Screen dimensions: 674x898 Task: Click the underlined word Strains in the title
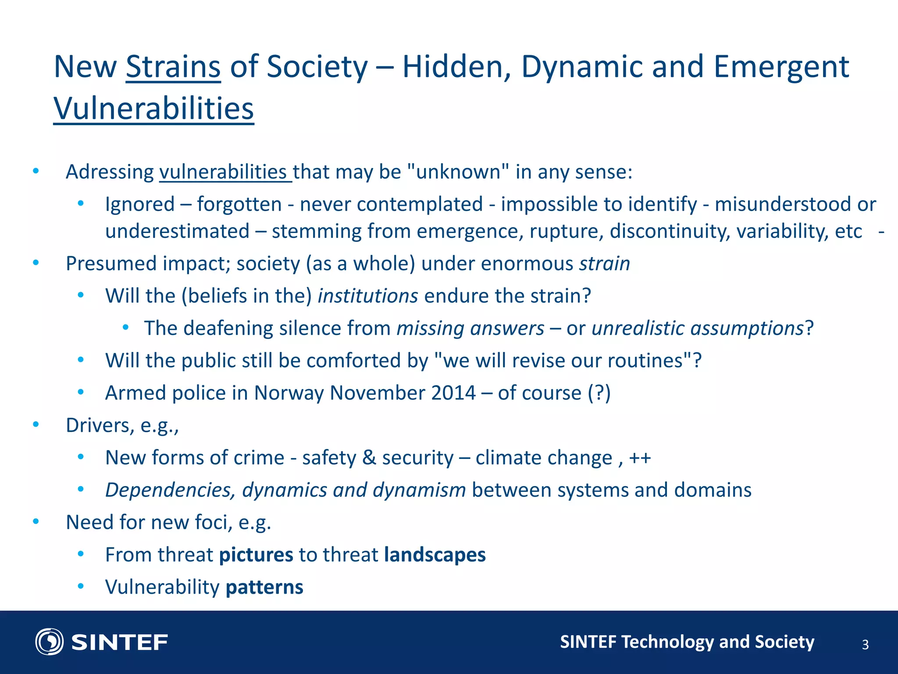pos(173,67)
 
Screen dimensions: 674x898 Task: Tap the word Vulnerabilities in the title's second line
pos(153,108)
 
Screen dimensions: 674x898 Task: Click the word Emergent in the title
pos(781,67)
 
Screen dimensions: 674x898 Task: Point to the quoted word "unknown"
pos(458,172)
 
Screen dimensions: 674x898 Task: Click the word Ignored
pos(140,204)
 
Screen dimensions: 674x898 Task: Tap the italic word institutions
pos(367,296)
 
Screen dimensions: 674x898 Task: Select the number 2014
pos(453,393)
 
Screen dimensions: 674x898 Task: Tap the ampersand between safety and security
pos(369,458)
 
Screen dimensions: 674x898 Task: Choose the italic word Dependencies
pos(171,490)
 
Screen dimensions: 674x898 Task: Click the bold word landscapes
pos(435,555)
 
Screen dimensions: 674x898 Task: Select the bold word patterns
pos(264,587)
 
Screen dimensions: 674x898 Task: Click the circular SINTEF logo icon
pos(50,642)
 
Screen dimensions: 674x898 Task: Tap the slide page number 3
pos(865,645)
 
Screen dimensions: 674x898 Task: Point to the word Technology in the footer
pos(667,642)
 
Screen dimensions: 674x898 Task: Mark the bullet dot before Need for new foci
pos(36,522)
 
